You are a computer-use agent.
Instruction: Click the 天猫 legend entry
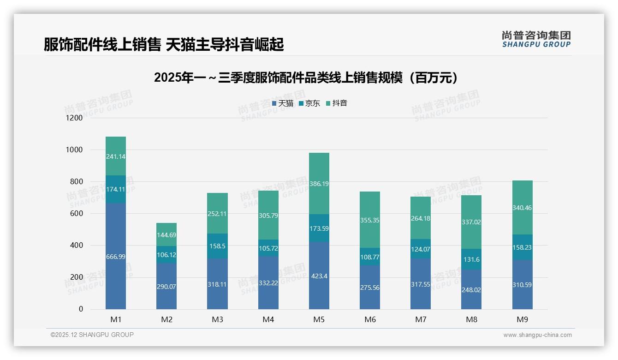283,103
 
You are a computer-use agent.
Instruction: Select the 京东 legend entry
309,103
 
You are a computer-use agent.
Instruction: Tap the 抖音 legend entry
337,103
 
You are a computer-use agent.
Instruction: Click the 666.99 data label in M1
116,256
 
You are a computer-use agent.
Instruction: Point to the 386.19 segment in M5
319,184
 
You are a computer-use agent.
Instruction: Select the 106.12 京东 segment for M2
166,255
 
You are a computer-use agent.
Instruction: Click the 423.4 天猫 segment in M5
319,276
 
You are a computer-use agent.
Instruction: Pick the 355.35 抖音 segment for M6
370,220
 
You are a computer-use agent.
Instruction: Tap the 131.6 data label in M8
471,259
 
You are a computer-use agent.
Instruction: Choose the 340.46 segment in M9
522,208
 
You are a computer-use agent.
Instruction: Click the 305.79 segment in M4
268,215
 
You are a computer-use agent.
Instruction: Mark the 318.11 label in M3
217,284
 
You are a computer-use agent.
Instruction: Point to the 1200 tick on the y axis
75,118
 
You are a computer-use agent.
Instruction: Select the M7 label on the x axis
421,319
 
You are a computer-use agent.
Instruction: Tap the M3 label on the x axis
217,319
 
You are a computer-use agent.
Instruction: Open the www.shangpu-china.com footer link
537,335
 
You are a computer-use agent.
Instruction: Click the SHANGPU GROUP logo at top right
536,39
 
